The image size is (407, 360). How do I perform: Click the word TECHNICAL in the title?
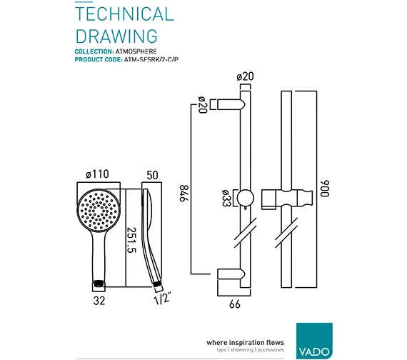coord(124,14)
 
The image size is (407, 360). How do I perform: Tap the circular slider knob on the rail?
coord(244,198)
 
